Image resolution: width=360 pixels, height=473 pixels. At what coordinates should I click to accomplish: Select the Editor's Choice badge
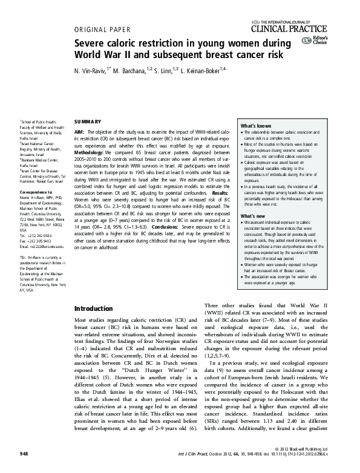(316, 41)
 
